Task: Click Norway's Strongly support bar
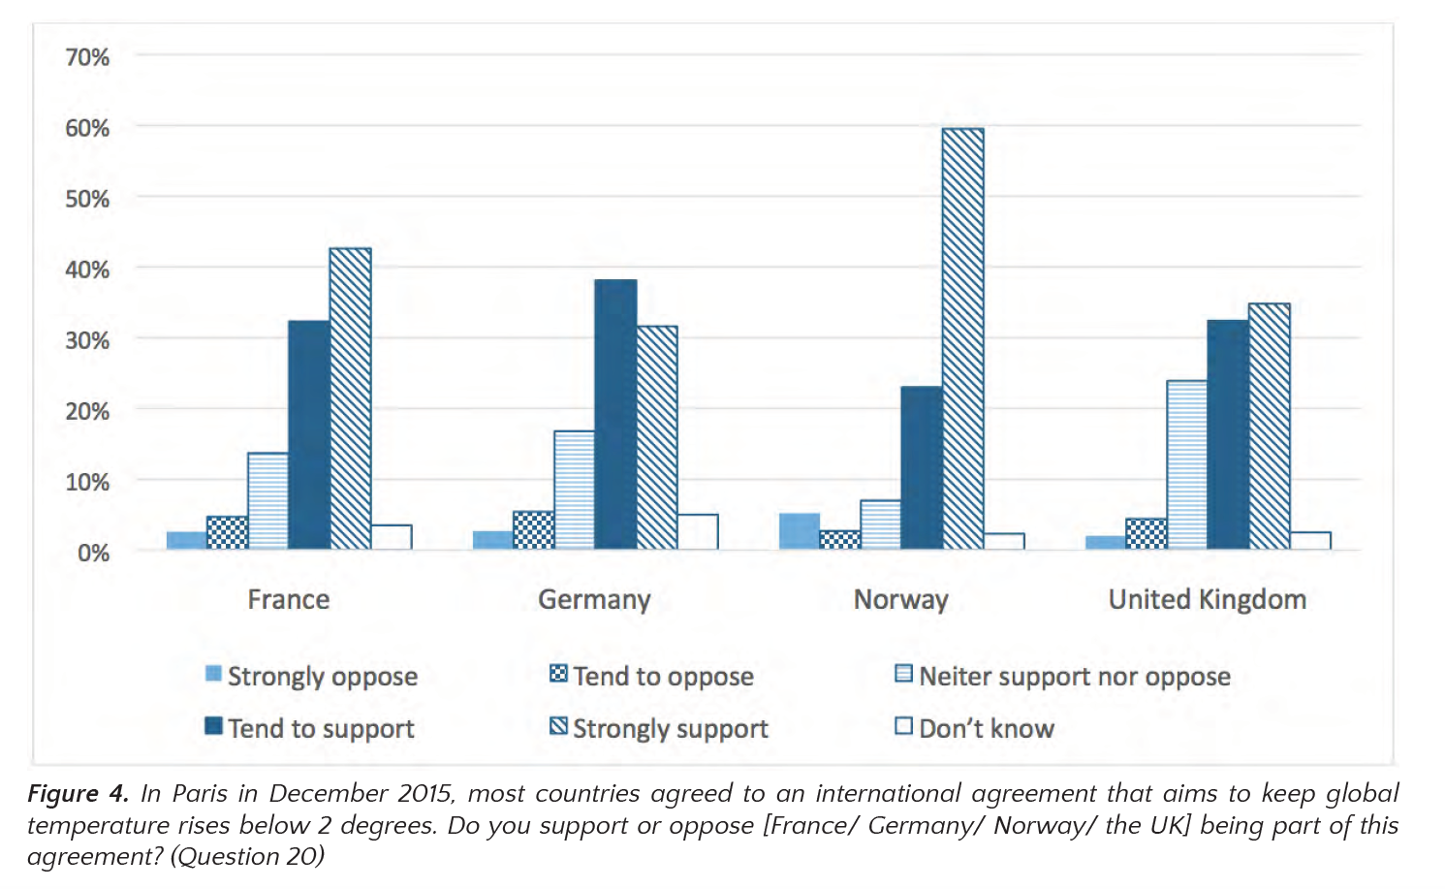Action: tap(962, 338)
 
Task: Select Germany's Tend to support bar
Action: tap(615, 414)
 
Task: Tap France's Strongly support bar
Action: tap(350, 398)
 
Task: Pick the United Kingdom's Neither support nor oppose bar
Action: tap(1186, 464)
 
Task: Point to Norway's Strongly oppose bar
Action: tap(800, 531)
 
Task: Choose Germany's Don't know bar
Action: tap(698, 531)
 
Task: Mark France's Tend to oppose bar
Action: tap(227, 533)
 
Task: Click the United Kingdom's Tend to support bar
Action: tap(1228, 435)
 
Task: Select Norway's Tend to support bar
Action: tap(922, 467)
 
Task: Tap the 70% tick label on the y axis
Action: tap(87, 57)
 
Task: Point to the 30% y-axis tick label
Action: tap(87, 340)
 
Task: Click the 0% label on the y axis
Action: tap(94, 553)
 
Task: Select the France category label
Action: tap(289, 599)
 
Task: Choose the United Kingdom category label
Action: tap(1207, 599)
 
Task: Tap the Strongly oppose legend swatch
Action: tap(213, 674)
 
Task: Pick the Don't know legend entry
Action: tap(975, 728)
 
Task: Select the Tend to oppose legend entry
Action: tap(651, 676)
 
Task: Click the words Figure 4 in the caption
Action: tap(79, 793)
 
